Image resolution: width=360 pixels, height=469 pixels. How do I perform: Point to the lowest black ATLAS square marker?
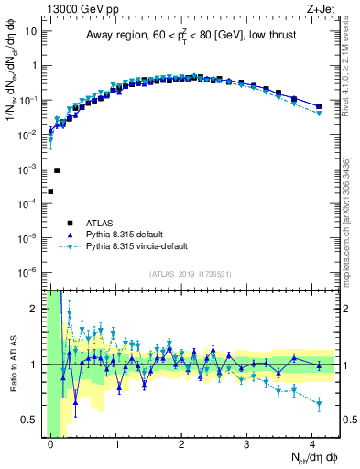(50, 191)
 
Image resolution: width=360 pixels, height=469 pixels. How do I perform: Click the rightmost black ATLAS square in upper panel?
(318, 106)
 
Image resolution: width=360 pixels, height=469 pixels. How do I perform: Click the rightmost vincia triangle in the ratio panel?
(318, 403)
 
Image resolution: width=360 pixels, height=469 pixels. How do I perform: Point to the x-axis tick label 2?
(182, 442)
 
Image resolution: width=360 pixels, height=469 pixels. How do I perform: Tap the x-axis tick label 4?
(313, 442)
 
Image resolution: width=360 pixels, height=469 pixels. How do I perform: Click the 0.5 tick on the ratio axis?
(32, 420)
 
